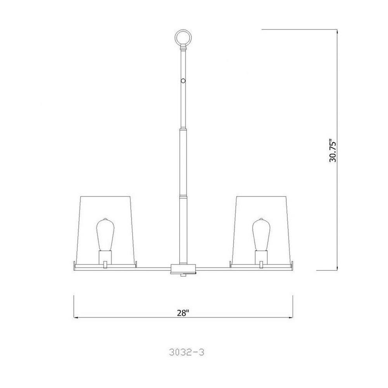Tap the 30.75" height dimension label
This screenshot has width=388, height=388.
[x=333, y=152]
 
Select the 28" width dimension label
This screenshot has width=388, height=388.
[x=183, y=313]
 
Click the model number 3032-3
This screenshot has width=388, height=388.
[x=187, y=352]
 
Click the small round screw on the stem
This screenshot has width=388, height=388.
[x=183, y=81]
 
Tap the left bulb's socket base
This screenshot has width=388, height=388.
[x=105, y=257]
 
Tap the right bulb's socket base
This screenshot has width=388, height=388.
[x=261, y=257]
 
